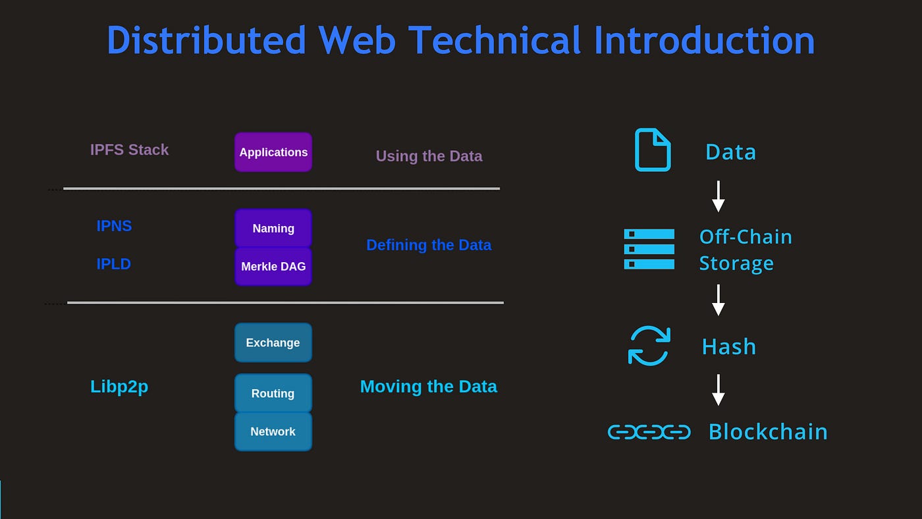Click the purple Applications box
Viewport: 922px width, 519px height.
(273, 152)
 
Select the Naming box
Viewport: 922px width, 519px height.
(273, 229)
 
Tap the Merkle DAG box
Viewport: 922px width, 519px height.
(273, 267)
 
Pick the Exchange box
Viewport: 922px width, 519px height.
(273, 342)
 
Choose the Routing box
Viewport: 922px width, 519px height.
(273, 393)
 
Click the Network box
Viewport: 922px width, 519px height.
(273, 431)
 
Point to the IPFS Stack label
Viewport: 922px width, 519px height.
(129, 150)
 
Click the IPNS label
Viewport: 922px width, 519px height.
(114, 226)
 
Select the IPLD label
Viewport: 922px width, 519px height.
(114, 264)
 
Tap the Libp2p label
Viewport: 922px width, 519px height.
(119, 387)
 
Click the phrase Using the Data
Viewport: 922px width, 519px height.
(429, 156)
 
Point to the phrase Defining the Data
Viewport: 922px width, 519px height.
(429, 245)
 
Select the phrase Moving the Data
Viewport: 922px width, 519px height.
(428, 387)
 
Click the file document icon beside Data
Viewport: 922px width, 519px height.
(652, 150)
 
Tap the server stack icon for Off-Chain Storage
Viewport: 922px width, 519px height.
(649, 249)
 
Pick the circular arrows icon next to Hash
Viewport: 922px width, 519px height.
(649, 346)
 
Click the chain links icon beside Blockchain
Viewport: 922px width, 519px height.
(649, 432)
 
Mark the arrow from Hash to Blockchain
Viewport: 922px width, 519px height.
(719, 390)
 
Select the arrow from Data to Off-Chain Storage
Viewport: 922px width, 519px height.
(719, 196)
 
